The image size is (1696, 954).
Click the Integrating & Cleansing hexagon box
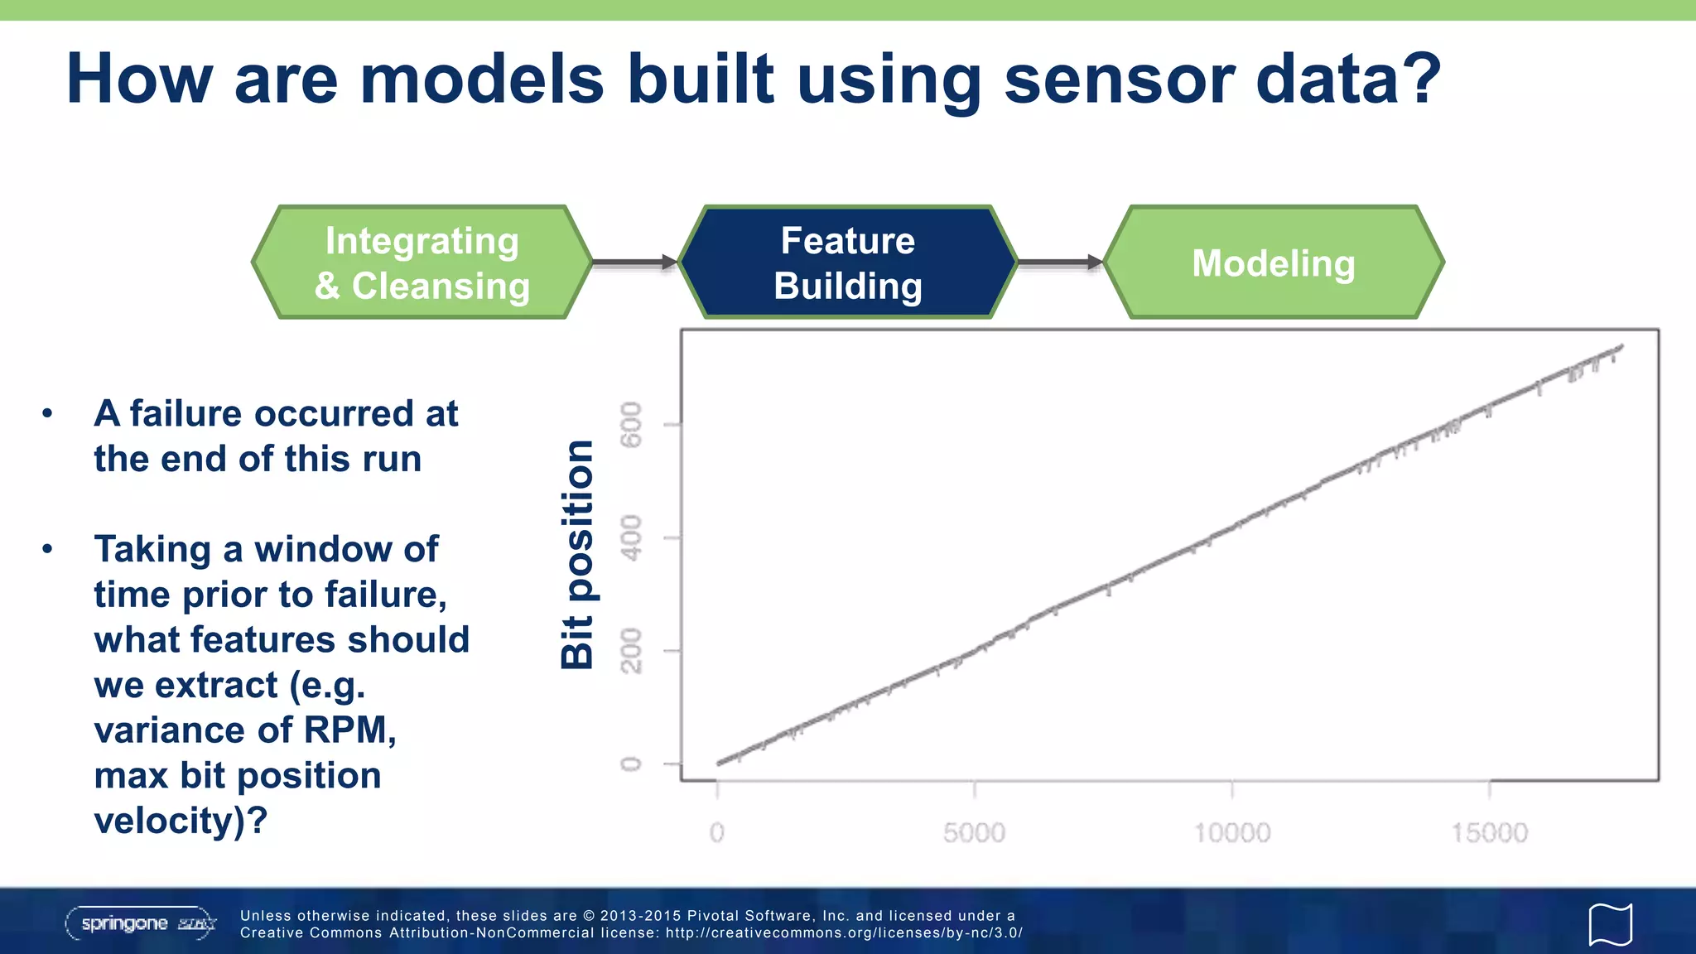click(x=422, y=263)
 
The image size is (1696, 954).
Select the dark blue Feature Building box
click(x=847, y=263)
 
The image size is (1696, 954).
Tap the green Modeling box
click(x=1273, y=263)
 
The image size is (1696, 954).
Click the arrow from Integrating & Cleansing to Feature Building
click(x=634, y=263)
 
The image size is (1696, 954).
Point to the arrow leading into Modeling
click(x=1059, y=263)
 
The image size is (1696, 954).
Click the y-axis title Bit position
click(x=577, y=554)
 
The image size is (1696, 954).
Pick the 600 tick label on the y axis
click(x=631, y=424)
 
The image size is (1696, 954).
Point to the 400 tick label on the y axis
click(x=631, y=537)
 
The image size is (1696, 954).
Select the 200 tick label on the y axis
click(x=631, y=651)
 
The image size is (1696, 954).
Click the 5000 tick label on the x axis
click(x=974, y=832)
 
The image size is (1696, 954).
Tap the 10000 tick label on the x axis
click(x=1231, y=832)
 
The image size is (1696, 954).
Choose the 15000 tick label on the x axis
click(x=1489, y=832)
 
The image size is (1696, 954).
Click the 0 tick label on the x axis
click(x=716, y=832)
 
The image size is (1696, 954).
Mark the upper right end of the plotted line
click(x=1620, y=347)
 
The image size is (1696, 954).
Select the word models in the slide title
click(x=483, y=79)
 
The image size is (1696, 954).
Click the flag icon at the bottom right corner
click(x=1610, y=924)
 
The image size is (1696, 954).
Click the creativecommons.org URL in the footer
click(x=844, y=932)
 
